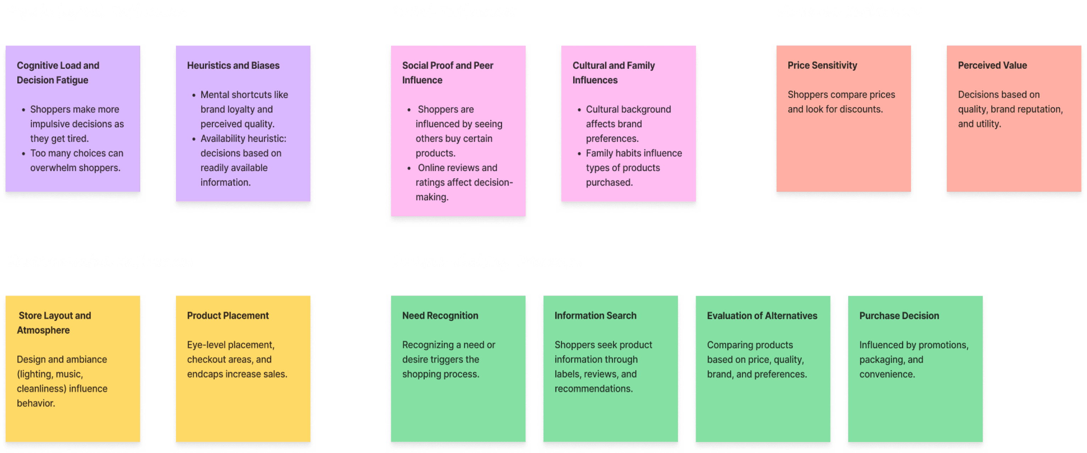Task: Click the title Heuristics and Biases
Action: (233, 65)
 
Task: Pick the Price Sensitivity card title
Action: (822, 65)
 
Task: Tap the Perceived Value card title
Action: (992, 65)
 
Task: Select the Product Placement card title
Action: (227, 316)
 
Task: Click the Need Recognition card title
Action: (440, 316)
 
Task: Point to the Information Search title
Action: (595, 316)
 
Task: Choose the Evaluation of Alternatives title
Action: (762, 316)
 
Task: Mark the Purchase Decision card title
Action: (899, 316)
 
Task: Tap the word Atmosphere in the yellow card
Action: (43, 331)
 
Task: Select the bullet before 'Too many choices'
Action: (24, 154)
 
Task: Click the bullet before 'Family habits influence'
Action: (579, 154)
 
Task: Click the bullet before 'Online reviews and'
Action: (409, 168)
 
